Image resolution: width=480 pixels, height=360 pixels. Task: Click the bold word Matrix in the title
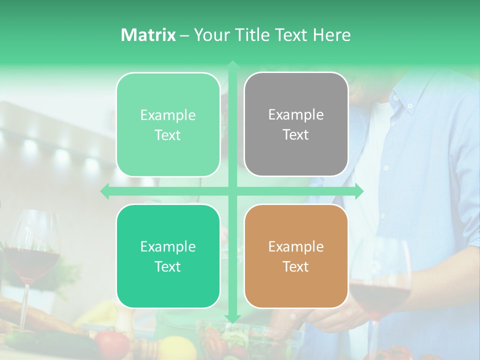148,35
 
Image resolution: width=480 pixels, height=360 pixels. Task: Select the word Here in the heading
331,35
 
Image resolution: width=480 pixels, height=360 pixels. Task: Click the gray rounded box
296,124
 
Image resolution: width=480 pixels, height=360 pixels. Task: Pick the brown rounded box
296,256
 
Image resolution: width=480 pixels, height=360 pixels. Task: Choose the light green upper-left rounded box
168,124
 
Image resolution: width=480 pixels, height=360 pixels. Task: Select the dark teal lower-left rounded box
168,256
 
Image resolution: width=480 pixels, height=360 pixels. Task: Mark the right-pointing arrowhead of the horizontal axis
359,191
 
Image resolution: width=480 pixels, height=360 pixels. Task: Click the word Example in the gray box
296,115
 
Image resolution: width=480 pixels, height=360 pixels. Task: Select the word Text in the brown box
296,266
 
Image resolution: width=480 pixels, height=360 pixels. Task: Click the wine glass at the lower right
380,290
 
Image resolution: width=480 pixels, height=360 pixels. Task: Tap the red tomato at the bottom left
112,343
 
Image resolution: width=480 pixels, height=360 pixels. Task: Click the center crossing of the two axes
232,191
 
